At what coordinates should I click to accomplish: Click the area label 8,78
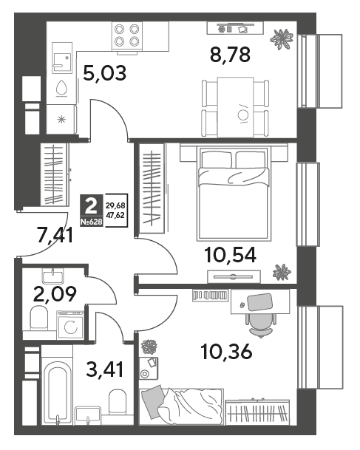230,55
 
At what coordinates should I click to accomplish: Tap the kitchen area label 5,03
104,73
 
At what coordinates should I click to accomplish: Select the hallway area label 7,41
55,235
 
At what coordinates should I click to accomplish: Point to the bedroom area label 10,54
230,255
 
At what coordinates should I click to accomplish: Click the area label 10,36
227,352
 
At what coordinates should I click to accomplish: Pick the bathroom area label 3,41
105,369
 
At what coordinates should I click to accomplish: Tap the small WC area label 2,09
55,294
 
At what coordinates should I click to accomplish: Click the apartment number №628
91,222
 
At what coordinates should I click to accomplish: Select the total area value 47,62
115,215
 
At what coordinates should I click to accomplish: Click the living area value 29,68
115,205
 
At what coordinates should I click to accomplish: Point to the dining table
235,107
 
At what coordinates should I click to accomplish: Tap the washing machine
70,326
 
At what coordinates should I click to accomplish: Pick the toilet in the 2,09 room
38,318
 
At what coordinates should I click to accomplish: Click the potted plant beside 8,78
282,39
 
